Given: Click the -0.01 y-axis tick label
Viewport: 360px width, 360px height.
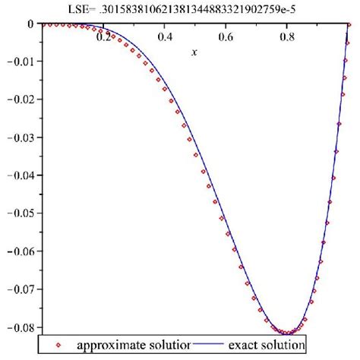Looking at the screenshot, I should point(19,62).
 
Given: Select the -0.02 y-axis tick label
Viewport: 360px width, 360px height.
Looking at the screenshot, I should point(19,99).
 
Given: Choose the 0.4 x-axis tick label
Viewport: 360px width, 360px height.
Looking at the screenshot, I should point(165,36).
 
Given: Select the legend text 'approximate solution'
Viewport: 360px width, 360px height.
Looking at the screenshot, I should point(131,345).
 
